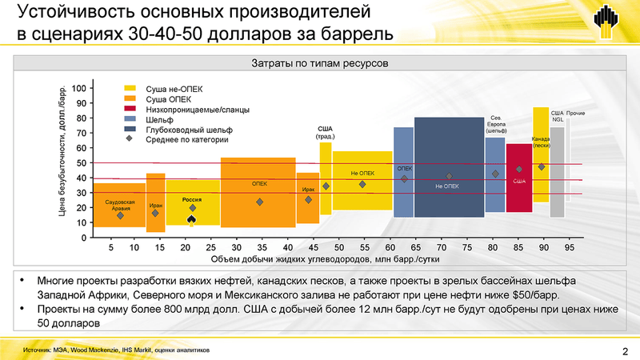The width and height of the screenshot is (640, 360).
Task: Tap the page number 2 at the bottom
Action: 624,350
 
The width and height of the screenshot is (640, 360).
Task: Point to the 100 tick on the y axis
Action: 78,88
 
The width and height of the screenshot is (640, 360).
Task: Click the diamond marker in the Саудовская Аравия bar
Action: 120,215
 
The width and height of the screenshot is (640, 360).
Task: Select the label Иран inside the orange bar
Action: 156,205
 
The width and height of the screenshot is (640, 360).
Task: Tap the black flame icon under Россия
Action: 190,218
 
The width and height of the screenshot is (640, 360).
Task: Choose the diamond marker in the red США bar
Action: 518,170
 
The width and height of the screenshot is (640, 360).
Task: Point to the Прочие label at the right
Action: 576,114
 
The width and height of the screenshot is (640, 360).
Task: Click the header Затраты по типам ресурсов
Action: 320,62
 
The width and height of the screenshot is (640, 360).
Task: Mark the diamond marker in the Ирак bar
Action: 308,199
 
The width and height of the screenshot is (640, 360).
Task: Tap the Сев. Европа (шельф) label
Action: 496,126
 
